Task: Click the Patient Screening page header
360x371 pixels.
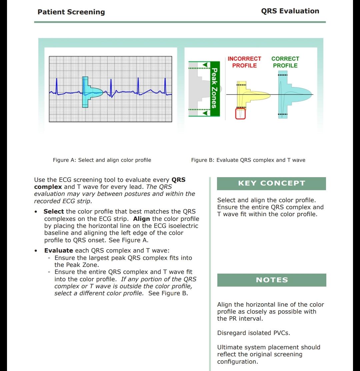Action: pos(71,12)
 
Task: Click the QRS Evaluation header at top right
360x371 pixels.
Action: pos(290,11)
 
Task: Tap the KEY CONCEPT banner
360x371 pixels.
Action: pos(271,183)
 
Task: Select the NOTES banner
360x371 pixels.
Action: pos(271,280)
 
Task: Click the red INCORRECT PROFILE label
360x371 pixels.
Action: pos(244,62)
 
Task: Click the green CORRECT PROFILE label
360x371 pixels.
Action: pos(285,62)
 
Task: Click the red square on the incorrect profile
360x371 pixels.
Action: pos(240,114)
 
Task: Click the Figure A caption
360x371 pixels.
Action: pos(102,160)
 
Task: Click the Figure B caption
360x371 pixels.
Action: pos(248,160)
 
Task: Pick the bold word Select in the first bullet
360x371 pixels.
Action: pos(54,212)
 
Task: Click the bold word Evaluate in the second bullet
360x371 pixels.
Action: pos(59,251)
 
